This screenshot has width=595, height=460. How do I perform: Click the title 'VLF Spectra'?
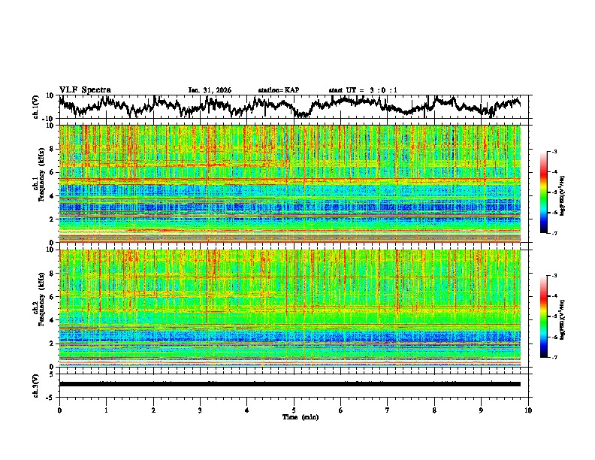pos(85,89)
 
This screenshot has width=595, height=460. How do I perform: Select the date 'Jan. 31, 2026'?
pos(210,90)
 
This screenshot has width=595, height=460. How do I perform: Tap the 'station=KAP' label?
pos(278,90)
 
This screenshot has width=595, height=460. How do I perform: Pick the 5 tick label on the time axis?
pos(294,410)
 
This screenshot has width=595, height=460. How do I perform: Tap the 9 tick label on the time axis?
pos(482,410)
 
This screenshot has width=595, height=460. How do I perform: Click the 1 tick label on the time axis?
pos(106,410)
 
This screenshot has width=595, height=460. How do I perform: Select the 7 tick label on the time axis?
pos(388,410)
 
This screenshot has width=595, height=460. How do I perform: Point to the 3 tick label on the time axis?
pos(200,410)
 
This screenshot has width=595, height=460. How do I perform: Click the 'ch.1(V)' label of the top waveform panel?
pos(36,107)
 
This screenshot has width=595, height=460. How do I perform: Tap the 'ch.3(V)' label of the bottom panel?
pos(36,384)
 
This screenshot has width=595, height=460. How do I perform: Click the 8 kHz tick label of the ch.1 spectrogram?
pos(53,149)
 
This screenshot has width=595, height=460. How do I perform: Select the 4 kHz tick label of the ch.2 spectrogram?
pos(53,320)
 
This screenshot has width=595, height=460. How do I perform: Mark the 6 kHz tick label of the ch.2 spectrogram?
pos(53,297)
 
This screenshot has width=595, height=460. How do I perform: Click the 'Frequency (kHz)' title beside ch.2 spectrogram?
pos(45,308)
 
